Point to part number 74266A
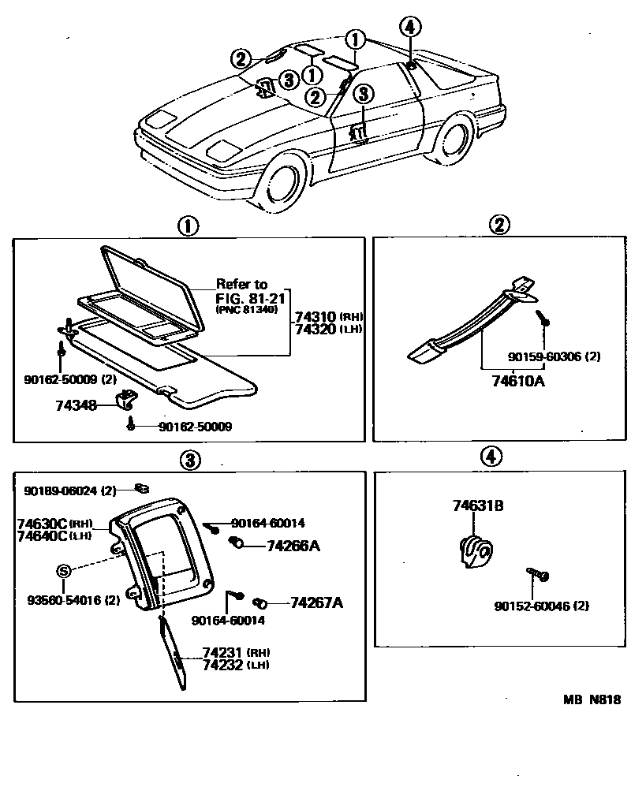[x=293, y=545]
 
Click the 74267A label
[x=315, y=603]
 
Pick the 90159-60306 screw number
[x=543, y=357]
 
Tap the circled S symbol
[x=64, y=570]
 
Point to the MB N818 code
[x=592, y=699]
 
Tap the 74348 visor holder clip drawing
[x=125, y=400]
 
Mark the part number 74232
[x=223, y=665]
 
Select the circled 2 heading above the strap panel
[x=498, y=226]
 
